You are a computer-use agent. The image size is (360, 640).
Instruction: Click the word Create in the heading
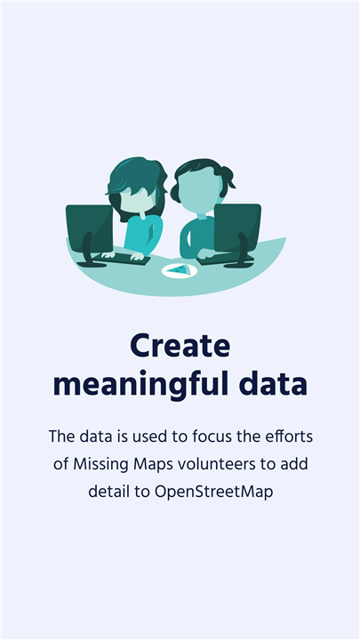click(x=180, y=345)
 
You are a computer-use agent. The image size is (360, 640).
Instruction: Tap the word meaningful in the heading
click(x=137, y=384)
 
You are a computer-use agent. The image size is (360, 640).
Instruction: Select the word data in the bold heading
click(x=273, y=384)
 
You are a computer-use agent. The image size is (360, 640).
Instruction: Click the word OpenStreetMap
click(x=213, y=492)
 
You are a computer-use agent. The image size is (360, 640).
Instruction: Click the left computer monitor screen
click(x=90, y=228)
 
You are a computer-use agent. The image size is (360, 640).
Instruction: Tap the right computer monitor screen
click(x=237, y=228)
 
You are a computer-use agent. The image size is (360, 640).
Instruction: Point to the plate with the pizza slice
click(x=180, y=270)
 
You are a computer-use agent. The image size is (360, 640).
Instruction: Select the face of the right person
click(x=200, y=191)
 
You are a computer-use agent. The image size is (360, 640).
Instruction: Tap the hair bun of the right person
click(x=227, y=177)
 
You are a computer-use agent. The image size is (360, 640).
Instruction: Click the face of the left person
click(x=137, y=199)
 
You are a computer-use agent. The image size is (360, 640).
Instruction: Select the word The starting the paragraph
click(x=61, y=436)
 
